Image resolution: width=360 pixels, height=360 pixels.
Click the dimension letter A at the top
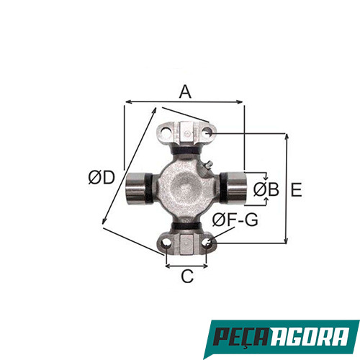pyautogui.click(x=185, y=92)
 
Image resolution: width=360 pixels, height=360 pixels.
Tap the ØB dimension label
pyautogui.click(x=266, y=190)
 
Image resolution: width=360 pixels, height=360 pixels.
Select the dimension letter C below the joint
pyautogui.click(x=187, y=276)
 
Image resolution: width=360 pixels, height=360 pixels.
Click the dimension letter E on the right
pyautogui.click(x=297, y=189)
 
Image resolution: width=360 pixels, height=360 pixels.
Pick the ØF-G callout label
pyautogui.click(x=237, y=220)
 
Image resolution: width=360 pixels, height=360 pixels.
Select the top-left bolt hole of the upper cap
pyautogui.click(x=163, y=133)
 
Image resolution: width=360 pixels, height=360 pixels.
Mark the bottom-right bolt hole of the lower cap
pyautogui.click(x=210, y=243)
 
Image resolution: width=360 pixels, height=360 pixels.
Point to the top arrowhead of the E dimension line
pyautogui.click(x=287, y=135)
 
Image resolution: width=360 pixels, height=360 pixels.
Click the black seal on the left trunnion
pyautogui.click(x=148, y=188)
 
